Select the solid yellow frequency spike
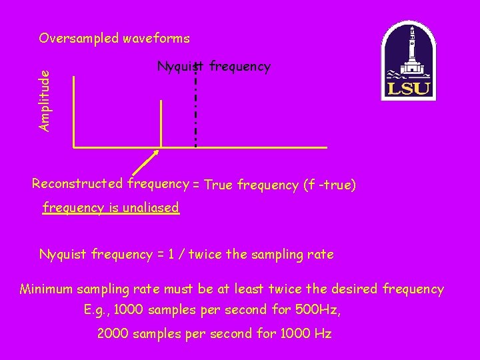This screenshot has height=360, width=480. tap(161, 123)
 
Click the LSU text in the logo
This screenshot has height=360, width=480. tap(409, 89)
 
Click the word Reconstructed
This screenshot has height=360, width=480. tap(77, 183)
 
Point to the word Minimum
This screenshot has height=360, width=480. tap(47, 289)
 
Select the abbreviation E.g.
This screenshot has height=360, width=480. tap(96, 310)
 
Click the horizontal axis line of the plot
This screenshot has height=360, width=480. tap(200, 146)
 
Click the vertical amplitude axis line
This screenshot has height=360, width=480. tap(74, 110)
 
